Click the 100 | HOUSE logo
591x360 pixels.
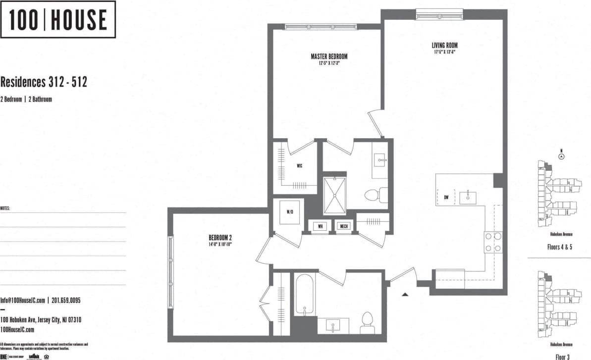(x=58, y=19)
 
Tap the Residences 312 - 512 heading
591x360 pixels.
(x=44, y=82)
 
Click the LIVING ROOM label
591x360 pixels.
(x=444, y=46)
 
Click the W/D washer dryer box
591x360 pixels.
(x=290, y=212)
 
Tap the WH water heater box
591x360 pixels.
(x=320, y=226)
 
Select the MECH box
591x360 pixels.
(x=343, y=226)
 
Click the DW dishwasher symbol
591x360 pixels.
(x=446, y=198)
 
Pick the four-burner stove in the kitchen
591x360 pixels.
(x=493, y=243)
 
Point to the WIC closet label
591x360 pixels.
(x=300, y=165)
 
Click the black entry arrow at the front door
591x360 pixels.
(x=405, y=295)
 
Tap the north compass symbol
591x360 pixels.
(x=561, y=156)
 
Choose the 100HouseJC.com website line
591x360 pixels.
(x=17, y=330)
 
